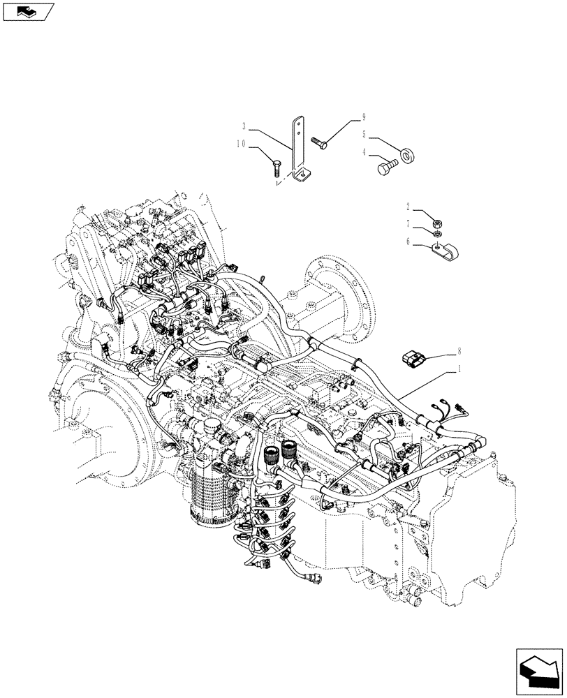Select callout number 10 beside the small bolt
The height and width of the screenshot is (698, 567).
click(x=241, y=144)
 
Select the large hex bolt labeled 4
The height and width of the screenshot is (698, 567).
click(x=387, y=168)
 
